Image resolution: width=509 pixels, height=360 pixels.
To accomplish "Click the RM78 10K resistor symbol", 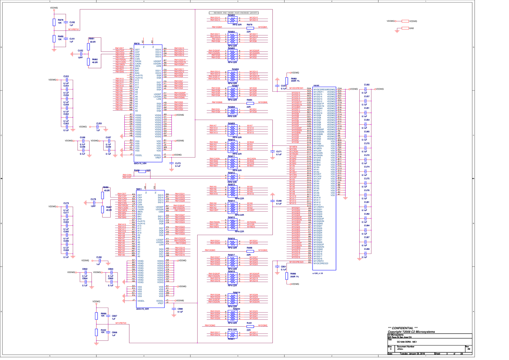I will click(x=54, y=21).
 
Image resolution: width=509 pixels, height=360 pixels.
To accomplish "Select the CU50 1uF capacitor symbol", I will click(x=66, y=24).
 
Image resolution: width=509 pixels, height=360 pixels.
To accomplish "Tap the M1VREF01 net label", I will click(x=74, y=29).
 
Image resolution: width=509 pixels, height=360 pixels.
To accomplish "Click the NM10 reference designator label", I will click(x=137, y=44).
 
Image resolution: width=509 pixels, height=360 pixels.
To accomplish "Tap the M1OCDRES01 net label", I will click(x=296, y=88).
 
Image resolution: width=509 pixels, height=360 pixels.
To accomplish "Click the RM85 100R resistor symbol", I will click(x=142, y=171).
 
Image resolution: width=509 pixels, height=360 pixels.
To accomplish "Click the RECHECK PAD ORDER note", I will click(x=234, y=13).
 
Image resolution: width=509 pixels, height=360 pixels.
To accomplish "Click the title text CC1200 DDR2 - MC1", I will click(x=407, y=342).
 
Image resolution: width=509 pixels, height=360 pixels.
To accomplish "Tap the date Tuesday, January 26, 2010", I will click(x=412, y=353).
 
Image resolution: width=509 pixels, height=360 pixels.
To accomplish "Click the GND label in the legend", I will click(x=411, y=28).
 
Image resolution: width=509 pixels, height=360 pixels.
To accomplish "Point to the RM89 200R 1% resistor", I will click(x=287, y=276).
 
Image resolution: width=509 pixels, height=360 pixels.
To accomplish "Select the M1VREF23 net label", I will click(x=121, y=323).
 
